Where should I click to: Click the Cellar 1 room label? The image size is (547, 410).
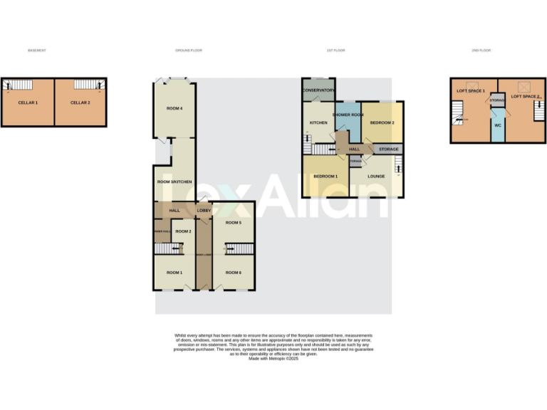[x=28, y=102]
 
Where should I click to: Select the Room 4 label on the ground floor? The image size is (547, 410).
[x=174, y=108]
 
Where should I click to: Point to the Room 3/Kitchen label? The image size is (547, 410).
[x=174, y=182]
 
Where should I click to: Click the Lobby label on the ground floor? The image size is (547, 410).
[x=203, y=211]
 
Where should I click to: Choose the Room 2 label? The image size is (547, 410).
[x=183, y=231]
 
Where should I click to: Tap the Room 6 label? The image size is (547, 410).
[x=234, y=273]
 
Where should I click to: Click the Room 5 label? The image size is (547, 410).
[x=234, y=223]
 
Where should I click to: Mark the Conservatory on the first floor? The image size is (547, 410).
[x=318, y=90]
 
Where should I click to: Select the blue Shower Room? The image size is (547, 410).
[x=348, y=115]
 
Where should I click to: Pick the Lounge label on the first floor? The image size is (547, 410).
[x=376, y=175]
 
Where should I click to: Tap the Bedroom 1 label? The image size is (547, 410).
[x=325, y=175]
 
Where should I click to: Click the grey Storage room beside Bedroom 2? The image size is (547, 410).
[x=388, y=149]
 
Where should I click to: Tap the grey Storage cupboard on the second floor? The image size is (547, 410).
[x=497, y=100]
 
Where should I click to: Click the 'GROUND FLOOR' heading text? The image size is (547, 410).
[x=189, y=51]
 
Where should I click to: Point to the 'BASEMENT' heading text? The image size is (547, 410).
[x=36, y=51]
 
